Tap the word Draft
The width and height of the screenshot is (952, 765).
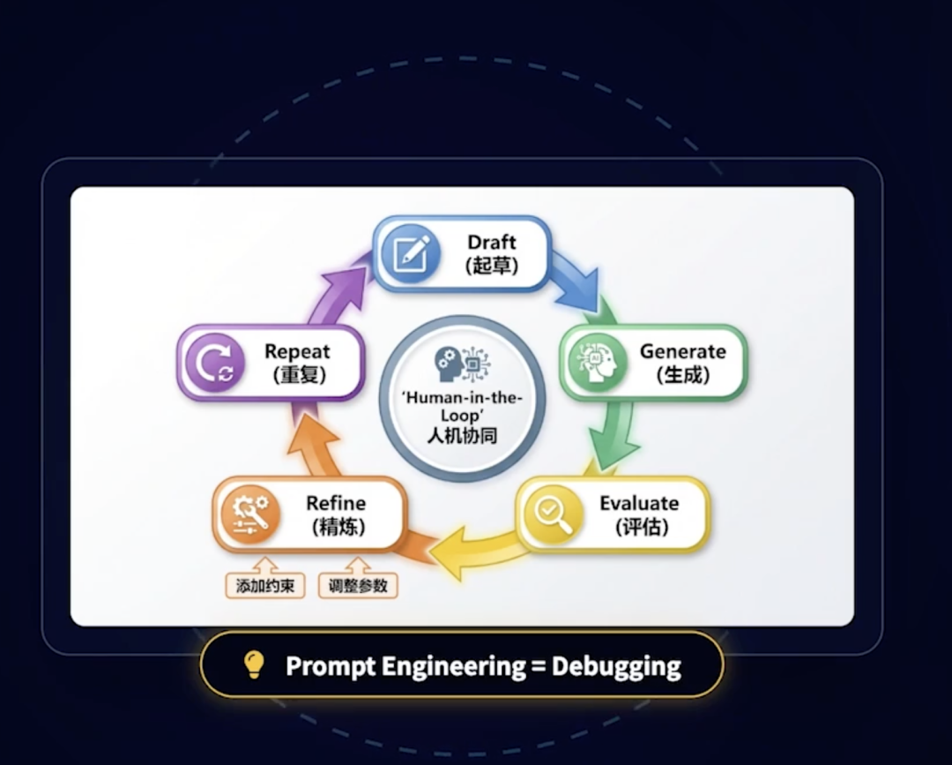click(492, 242)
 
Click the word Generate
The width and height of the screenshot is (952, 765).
click(682, 351)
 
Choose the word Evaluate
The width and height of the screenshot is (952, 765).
click(639, 504)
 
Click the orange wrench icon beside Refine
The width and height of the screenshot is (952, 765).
click(250, 514)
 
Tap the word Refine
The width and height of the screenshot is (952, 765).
click(336, 504)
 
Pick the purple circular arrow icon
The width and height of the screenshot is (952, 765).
click(214, 362)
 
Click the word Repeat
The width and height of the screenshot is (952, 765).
click(297, 351)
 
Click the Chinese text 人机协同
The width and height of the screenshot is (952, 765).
click(462, 435)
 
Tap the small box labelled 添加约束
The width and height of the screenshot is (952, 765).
click(264, 586)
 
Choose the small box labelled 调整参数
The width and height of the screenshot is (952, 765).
click(358, 586)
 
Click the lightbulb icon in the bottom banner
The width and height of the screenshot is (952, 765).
click(254, 664)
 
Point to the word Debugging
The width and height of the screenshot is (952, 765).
click(616, 665)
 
